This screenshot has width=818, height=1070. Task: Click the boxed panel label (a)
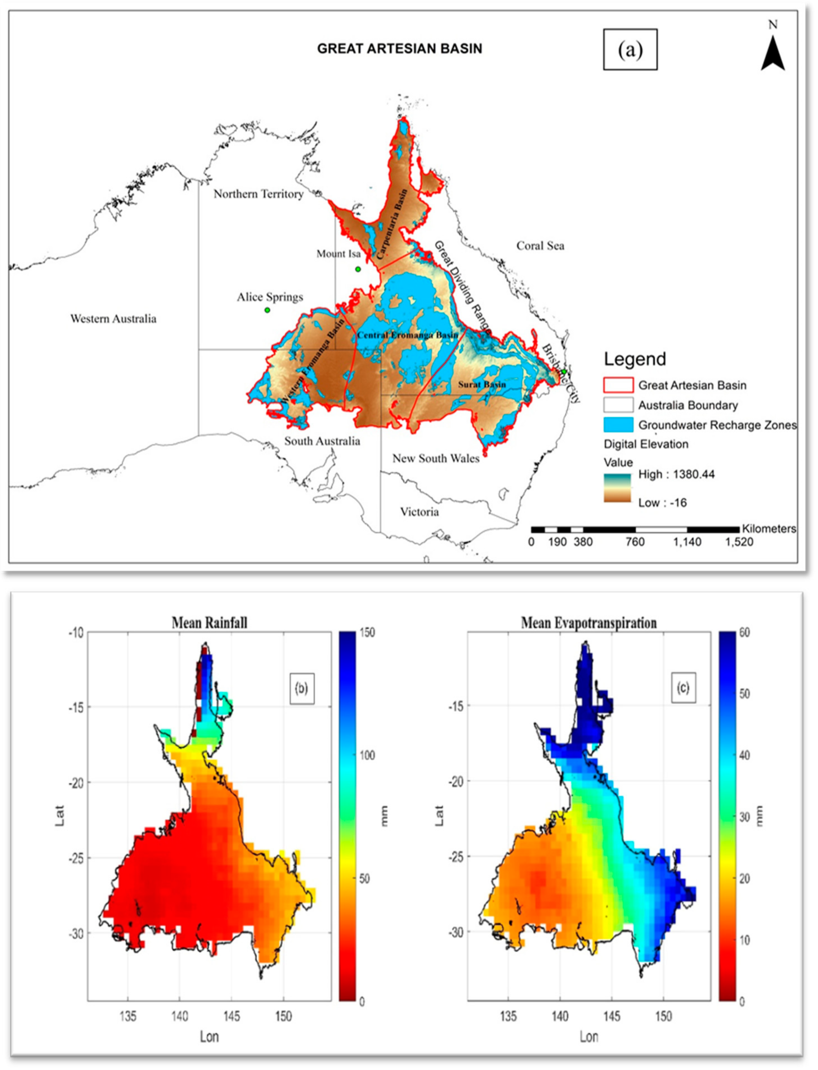630,49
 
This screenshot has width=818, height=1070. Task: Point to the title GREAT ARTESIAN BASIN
399,49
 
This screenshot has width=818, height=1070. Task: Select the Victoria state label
419,512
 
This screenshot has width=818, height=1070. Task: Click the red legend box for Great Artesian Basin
618,385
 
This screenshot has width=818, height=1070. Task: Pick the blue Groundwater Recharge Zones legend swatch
618,425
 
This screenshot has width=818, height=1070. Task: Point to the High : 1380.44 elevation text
676,474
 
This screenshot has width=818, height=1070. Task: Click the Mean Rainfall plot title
209,622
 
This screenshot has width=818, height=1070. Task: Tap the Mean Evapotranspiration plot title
589,622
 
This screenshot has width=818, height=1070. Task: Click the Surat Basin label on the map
482,384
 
